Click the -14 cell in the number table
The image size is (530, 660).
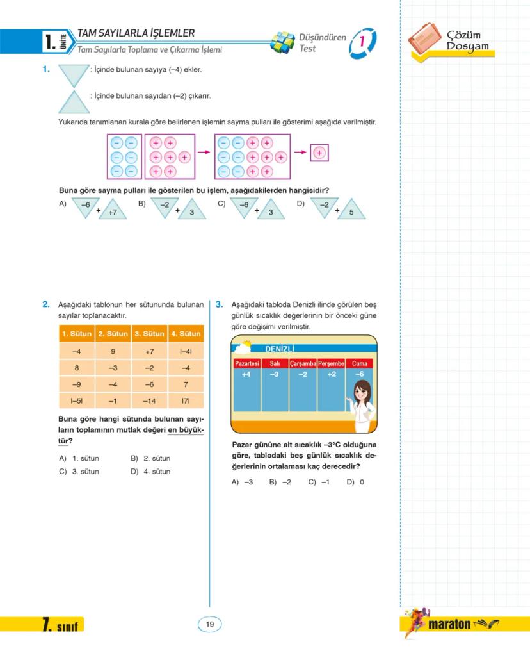click(149, 402)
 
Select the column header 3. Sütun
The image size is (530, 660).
click(149, 334)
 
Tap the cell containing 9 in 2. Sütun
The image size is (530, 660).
click(113, 351)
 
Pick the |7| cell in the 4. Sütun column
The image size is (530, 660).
click(186, 402)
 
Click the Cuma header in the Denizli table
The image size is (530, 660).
click(359, 363)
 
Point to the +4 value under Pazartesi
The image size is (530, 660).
click(246, 374)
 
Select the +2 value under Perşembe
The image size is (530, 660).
click(331, 374)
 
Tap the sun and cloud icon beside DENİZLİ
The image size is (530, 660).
click(243, 347)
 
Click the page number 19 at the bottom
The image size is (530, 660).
click(209, 624)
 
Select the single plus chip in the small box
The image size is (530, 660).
click(319, 153)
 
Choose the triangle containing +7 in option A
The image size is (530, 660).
click(113, 210)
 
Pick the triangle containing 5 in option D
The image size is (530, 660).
click(351, 210)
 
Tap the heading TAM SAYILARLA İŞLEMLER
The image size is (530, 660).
click(136, 33)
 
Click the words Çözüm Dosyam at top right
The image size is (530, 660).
click(467, 40)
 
